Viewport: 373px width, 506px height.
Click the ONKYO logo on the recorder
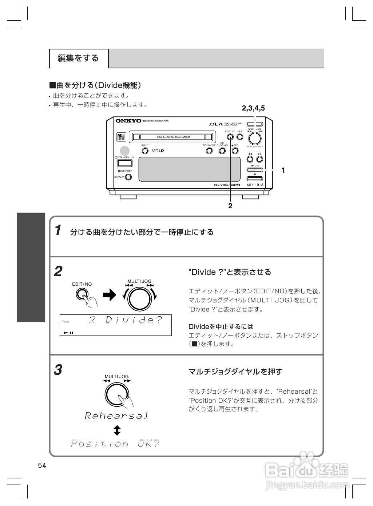[x=128, y=121]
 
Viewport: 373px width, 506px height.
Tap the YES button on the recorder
[x=240, y=137]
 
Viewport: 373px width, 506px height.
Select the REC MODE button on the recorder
[x=209, y=151]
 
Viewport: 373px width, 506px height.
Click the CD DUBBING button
[x=222, y=151]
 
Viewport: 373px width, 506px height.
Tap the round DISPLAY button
[x=128, y=177]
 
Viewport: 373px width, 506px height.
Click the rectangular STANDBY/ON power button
[x=124, y=163]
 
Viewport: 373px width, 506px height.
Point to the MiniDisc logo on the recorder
[x=121, y=137]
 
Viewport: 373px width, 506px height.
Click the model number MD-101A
[x=255, y=185]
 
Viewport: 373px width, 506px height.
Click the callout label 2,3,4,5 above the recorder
[x=253, y=108]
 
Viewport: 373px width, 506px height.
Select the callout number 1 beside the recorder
[x=283, y=170]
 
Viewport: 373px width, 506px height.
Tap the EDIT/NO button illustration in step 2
[x=83, y=294]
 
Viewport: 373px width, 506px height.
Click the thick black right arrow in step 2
[x=109, y=295]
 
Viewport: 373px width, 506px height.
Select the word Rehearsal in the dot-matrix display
[x=117, y=415]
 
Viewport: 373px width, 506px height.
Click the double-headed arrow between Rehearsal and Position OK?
[x=117, y=431]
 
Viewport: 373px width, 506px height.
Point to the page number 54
[x=42, y=466]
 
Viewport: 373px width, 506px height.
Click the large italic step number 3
[x=58, y=370]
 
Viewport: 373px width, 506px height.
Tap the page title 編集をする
[x=78, y=58]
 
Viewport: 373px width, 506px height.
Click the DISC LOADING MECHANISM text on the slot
[x=173, y=137]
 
